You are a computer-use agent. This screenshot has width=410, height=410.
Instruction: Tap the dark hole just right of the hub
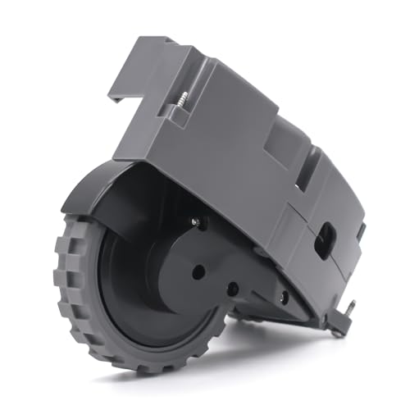click(x=233, y=289)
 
